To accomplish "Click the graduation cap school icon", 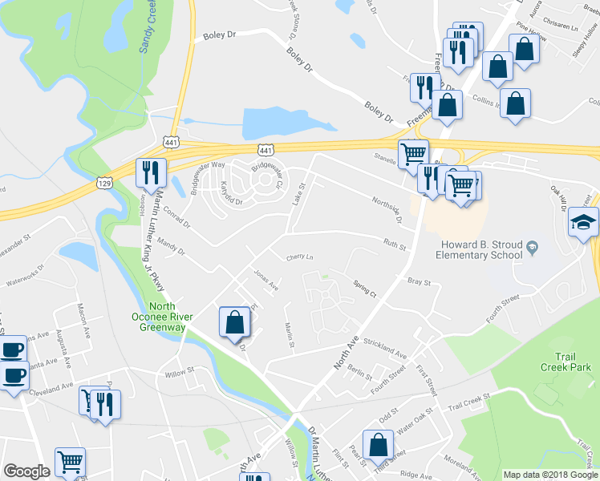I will (x=583, y=222).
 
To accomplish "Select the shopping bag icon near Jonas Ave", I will (x=234, y=323).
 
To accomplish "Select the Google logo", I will (x=26, y=471).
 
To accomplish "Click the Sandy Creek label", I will (x=147, y=28).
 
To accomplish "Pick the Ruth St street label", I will (x=393, y=245).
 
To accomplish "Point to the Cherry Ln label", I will (x=299, y=257).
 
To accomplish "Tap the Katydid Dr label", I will (x=228, y=196).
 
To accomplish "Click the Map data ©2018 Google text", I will (x=549, y=475).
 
